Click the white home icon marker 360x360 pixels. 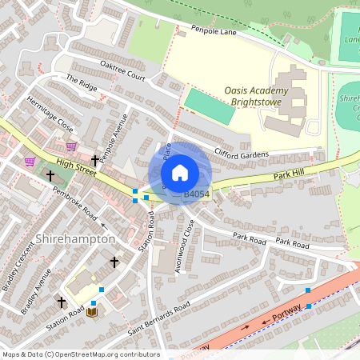[x=180, y=173]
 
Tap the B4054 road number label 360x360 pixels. [x=197, y=194]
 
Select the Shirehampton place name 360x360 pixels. [x=76, y=239]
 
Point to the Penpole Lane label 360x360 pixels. [x=214, y=31]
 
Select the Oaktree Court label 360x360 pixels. [x=122, y=70]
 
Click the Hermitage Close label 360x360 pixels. [x=50, y=115]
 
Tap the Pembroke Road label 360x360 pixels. [x=74, y=204]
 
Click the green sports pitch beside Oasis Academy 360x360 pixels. [x=210, y=106]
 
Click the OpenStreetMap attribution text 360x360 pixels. [x=80, y=354]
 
